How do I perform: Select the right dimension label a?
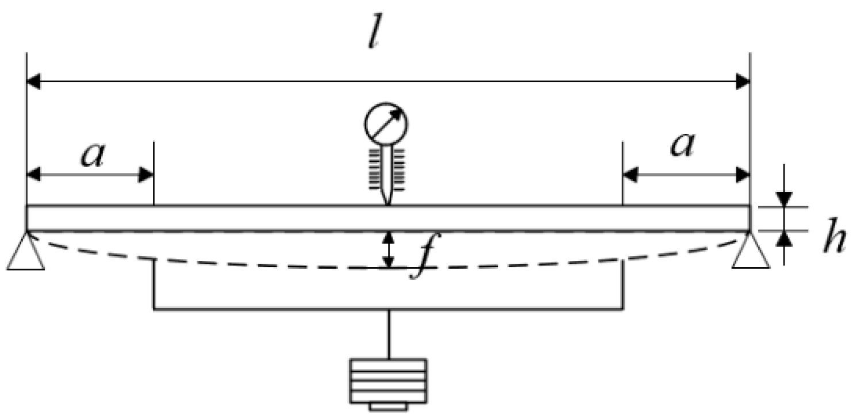pyautogui.click(x=682, y=146)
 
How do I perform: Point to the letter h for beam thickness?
pyautogui.click(x=834, y=241)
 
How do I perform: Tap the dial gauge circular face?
pyautogui.click(x=386, y=124)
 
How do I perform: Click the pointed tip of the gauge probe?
pyautogui.click(x=389, y=201)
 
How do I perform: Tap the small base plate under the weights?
pyautogui.click(x=389, y=407)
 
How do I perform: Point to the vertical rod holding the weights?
pyautogui.click(x=389, y=334)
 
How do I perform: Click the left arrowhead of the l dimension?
pyautogui.click(x=33, y=82)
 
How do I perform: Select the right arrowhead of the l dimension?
pyautogui.click(x=743, y=82)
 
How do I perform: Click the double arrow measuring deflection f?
pyautogui.click(x=390, y=249)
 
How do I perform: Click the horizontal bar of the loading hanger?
pyautogui.click(x=389, y=310)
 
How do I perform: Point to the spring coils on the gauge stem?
pyautogui.click(x=388, y=169)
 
